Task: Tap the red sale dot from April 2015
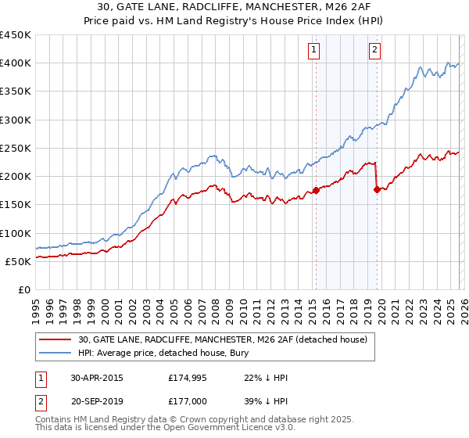tap(316, 190)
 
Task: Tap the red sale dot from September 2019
tap(377, 188)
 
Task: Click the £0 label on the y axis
tap(23, 289)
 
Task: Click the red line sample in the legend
tap(56, 339)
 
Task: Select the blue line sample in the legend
tap(56, 353)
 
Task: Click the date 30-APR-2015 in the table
tap(96, 378)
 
